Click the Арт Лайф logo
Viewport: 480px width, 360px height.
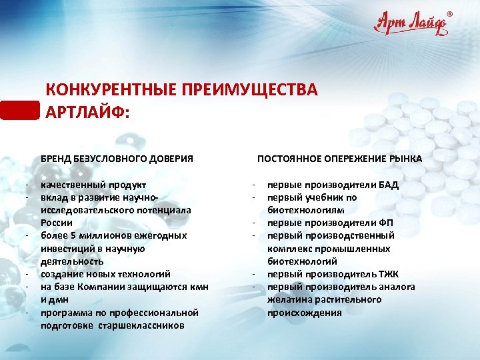coord(411,25)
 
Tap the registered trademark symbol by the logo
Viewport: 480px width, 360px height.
coord(448,13)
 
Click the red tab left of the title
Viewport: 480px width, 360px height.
coord(20,109)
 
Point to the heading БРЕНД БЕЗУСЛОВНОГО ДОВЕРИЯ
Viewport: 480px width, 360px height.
coord(117,158)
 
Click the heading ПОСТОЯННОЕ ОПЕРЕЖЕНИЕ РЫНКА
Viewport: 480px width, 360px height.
coord(339,158)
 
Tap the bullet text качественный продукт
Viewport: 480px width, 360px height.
coord(93,185)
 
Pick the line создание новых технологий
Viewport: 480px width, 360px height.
coord(105,273)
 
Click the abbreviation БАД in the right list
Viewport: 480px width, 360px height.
coord(386,185)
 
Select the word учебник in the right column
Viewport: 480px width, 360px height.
coord(317,197)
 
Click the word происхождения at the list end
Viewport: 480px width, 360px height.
coord(304,312)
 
